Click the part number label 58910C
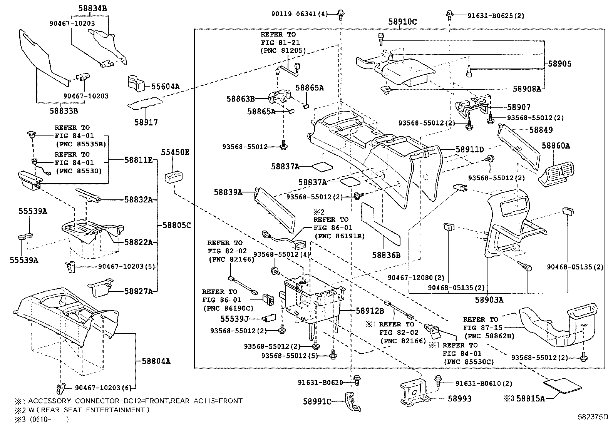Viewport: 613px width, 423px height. click(402, 22)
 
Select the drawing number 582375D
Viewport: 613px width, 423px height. click(592, 416)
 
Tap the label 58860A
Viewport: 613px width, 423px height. click(556, 145)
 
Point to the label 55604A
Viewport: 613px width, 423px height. click(165, 87)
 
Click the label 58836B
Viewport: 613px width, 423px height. click(386, 255)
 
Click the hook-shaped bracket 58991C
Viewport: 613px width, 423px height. click(352, 402)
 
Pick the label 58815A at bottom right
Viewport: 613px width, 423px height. click(531, 398)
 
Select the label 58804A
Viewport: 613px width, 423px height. click(156, 361)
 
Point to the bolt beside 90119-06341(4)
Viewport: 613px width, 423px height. click(340, 14)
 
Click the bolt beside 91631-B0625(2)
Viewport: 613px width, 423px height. click(449, 15)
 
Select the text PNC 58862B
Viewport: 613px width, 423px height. click(489, 336)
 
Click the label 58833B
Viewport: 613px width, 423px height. click(64, 111)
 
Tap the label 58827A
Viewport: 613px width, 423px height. click(138, 291)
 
